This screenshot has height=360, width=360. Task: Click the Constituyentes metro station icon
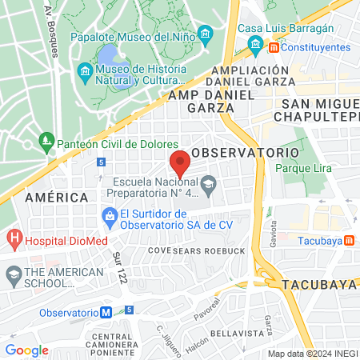[x=274, y=48]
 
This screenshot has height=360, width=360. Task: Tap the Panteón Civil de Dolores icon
[x=47, y=143]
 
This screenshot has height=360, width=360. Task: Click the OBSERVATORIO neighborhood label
[x=246, y=152]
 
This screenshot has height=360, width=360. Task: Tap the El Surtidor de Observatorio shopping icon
[x=110, y=215]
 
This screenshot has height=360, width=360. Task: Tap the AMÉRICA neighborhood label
[x=56, y=197]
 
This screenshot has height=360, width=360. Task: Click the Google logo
[x=26, y=350]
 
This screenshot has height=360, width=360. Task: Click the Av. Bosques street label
[x=52, y=30]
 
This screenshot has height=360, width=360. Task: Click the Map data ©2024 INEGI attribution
[x=312, y=353]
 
